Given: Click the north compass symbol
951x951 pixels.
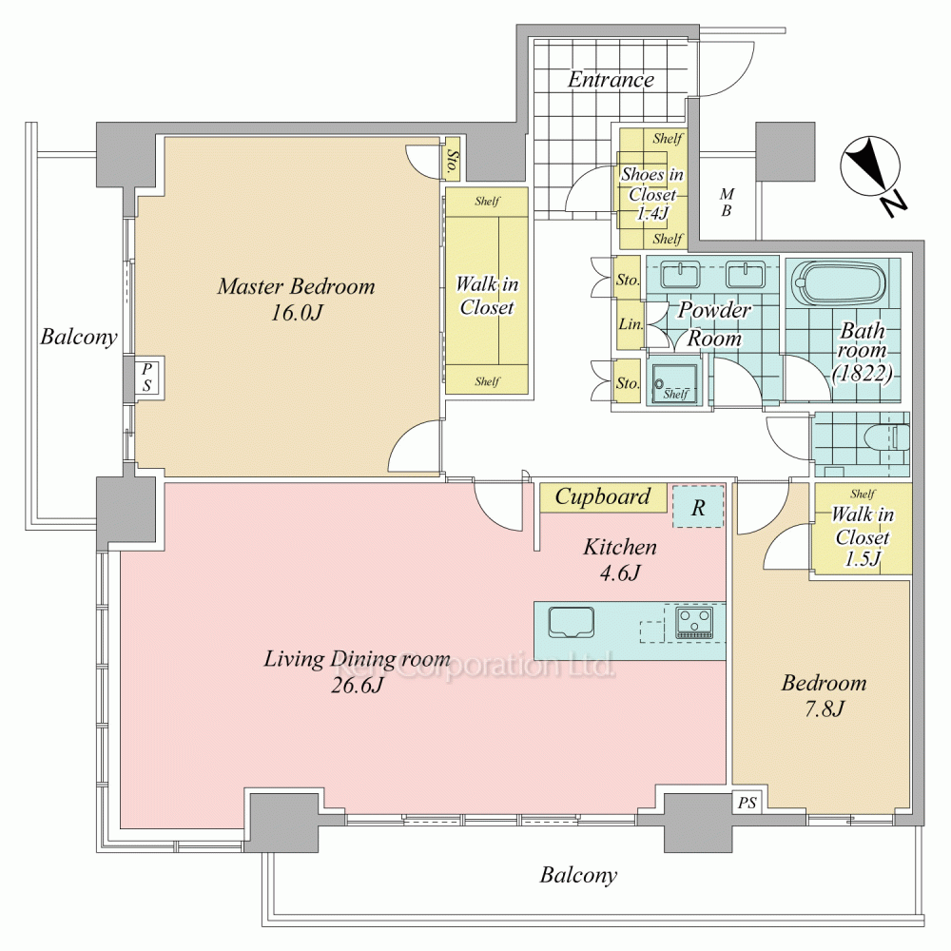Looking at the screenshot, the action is pos(872,173).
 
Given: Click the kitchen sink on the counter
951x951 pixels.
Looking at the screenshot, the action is pos(571,623).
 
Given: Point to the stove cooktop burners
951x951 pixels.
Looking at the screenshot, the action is pos(694,623).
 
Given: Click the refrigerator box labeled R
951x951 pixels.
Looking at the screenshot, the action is pos(698,506).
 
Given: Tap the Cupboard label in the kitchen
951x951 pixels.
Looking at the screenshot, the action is pos(602,496).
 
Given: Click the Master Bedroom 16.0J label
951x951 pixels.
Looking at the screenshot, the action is pos(296,299).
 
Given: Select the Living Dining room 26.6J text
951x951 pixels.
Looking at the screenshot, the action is pos(357,670).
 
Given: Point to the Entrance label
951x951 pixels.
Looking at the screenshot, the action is pos(611,80).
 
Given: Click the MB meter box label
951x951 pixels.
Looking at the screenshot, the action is pos(726,202).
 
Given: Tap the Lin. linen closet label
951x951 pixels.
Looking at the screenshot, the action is pos(631,324).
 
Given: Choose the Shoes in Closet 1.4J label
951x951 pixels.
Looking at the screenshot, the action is pos(652,193).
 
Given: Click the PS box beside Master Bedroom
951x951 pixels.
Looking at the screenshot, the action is pos(146,377).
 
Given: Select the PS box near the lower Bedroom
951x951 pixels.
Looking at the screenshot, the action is pos(747,803).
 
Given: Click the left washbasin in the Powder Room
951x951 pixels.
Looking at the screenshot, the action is pos(680,274).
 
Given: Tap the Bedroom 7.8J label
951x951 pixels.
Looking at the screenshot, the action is pos(824,695).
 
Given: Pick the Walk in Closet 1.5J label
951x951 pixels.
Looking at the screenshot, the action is pos(862,536).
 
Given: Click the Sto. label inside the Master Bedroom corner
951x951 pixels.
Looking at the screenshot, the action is pos(453,164).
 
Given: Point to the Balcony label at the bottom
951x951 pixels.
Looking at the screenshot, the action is pos(578,875).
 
